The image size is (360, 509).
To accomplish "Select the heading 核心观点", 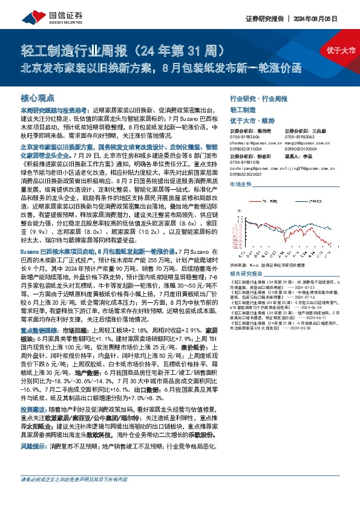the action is pyautogui.click(x=38, y=98).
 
